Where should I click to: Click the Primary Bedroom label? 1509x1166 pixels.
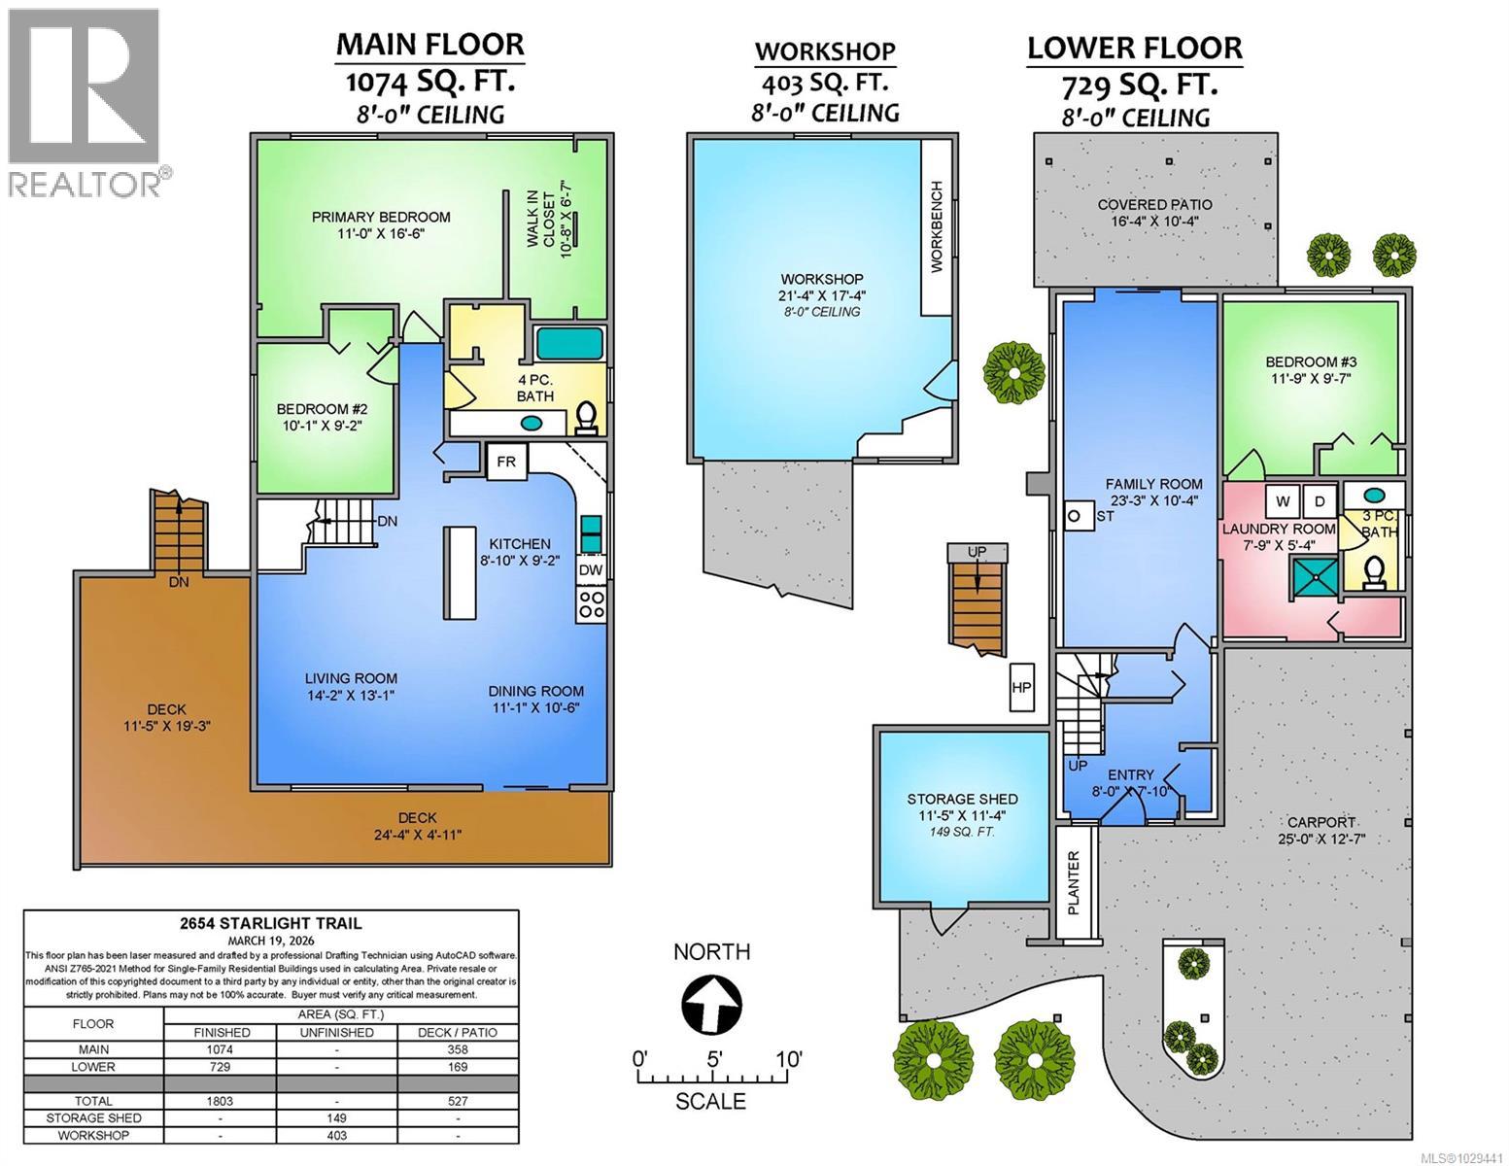pyautogui.click(x=381, y=225)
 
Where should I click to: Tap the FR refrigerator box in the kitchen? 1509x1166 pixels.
pyautogui.click(x=506, y=462)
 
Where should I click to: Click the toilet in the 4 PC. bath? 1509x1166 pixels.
pyautogui.click(x=586, y=418)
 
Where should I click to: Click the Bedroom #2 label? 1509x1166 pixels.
pyautogui.click(x=321, y=417)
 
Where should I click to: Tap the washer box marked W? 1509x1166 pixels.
pyautogui.click(x=1284, y=501)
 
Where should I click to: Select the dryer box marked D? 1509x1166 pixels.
pyautogui.click(x=1320, y=501)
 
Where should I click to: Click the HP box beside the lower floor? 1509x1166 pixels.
pyautogui.click(x=1021, y=687)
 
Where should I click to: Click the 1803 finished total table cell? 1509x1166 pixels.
pyautogui.click(x=221, y=1101)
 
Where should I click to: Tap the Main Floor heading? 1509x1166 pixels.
pyautogui.click(x=429, y=44)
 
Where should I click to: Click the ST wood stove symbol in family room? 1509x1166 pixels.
pyautogui.click(x=1075, y=516)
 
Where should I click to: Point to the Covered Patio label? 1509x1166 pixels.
pyautogui.click(x=1154, y=213)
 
